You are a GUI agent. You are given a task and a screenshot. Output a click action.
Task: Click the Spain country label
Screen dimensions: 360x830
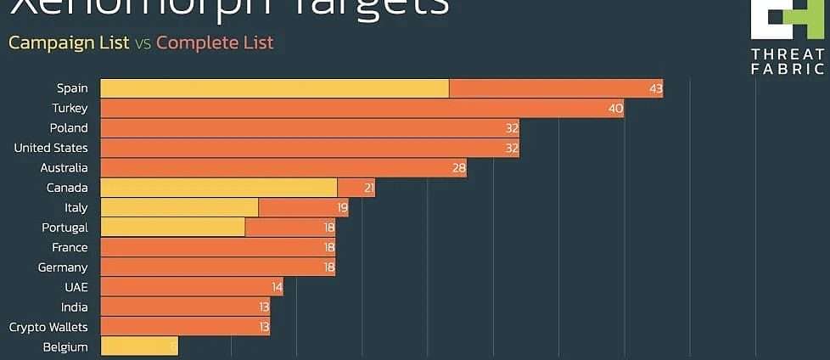[72, 88]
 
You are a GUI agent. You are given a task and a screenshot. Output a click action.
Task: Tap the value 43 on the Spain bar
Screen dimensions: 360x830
[655, 88]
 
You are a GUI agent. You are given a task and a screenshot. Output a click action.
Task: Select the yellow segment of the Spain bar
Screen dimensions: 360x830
[274, 88]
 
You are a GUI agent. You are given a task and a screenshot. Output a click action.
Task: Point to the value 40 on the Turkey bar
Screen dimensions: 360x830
[615, 108]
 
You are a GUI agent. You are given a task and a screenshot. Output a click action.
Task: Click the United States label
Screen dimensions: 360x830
[51, 148]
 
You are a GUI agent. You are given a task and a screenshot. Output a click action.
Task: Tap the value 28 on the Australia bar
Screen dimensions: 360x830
[459, 168]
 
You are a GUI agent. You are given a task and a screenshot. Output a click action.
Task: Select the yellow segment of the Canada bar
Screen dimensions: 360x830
[218, 188]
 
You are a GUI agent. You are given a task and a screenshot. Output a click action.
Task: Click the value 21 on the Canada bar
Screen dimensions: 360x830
[369, 188]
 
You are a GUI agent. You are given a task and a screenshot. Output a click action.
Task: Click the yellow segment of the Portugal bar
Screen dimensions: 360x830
[172, 228]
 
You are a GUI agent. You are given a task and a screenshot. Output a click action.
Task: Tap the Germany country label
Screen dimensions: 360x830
[63, 267]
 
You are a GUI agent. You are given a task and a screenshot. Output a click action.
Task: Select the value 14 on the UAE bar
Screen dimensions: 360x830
[276, 288]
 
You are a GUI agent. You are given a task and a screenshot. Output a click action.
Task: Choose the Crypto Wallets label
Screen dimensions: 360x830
[48, 327]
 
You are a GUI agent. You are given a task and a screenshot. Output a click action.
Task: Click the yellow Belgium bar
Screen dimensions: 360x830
[138, 346]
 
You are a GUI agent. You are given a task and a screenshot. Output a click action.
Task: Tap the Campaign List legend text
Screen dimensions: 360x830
[69, 42]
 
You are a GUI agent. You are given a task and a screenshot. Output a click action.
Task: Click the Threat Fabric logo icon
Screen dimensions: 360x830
[787, 19]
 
